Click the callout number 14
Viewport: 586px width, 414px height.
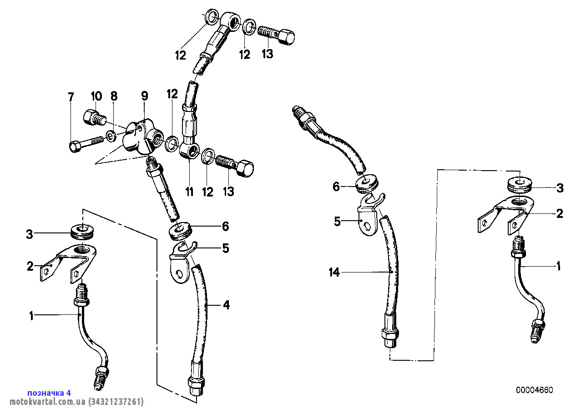coord(334,273)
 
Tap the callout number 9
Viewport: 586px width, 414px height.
coord(144,96)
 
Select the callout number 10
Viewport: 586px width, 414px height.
coord(96,96)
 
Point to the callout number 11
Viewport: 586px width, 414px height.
coord(189,192)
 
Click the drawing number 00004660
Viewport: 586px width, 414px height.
coord(535,390)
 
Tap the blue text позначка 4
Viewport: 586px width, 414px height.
coord(49,393)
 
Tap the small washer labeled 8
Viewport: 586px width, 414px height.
coord(111,136)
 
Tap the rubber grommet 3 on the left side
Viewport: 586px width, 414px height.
coord(82,231)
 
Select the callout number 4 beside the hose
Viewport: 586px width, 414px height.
coord(226,305)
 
